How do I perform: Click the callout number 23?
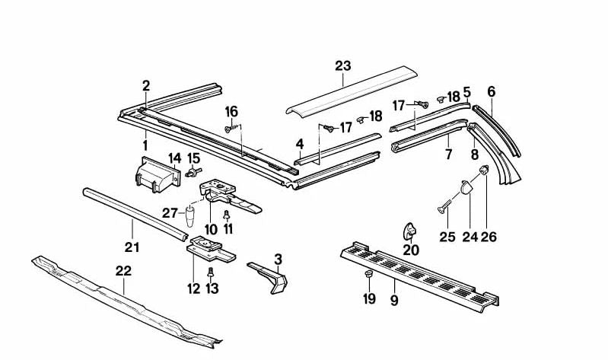(342, 66)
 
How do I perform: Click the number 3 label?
(279, 259)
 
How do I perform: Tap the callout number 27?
(171, 212)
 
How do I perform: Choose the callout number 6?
(491, 92)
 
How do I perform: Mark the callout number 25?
(447, 237)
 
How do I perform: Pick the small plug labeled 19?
(368, 274)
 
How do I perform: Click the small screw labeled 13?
(211, 272)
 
